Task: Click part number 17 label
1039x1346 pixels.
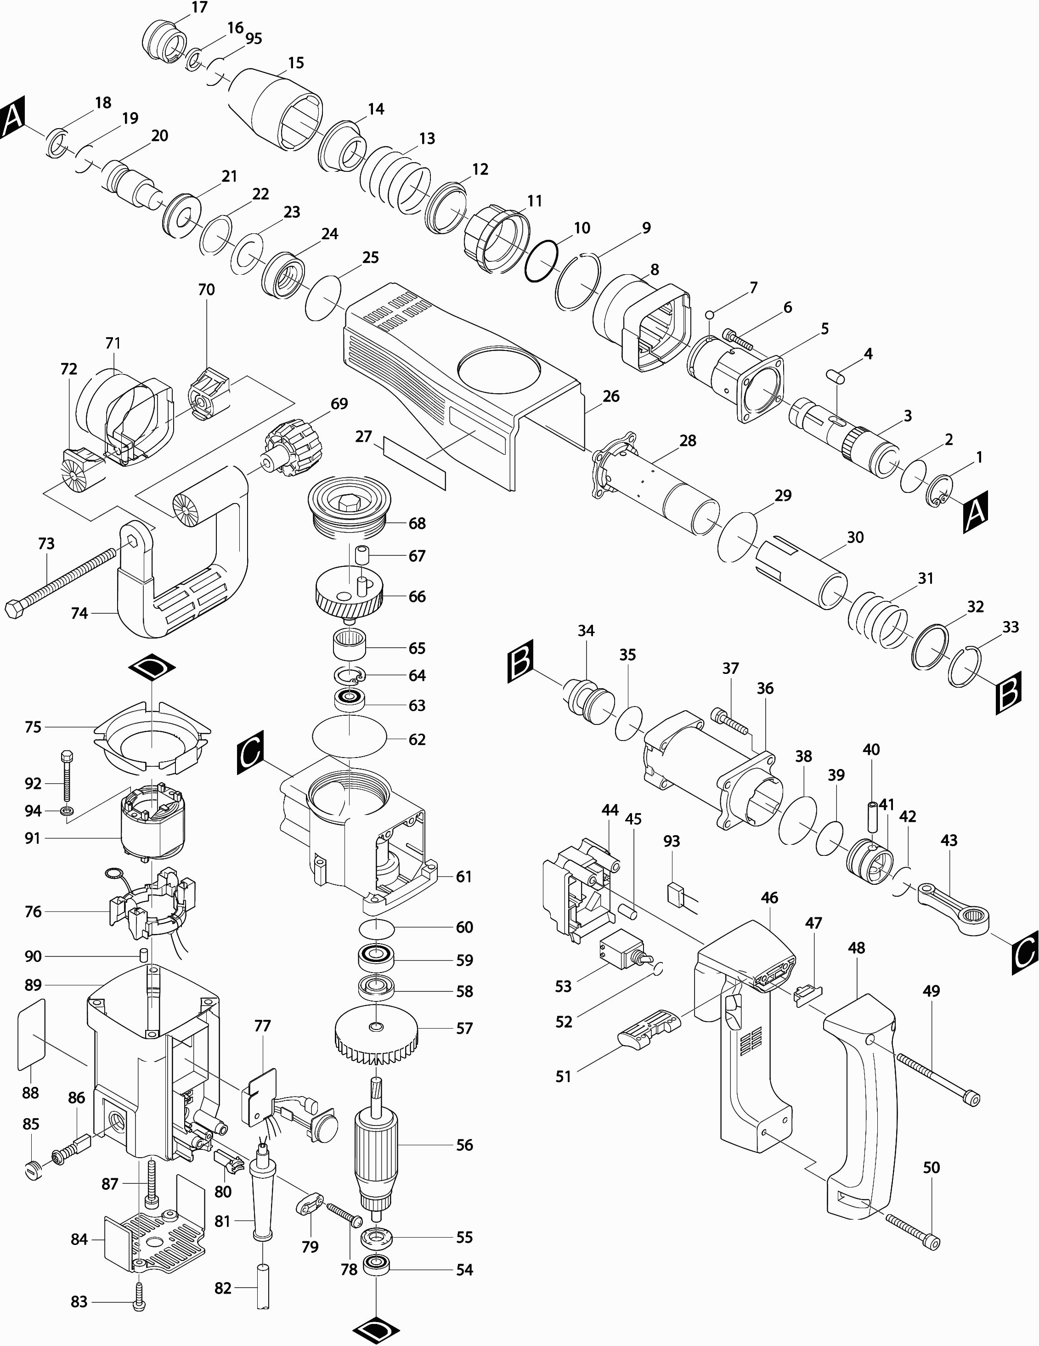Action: point(200,7)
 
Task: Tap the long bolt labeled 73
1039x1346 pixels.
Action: point(62,577)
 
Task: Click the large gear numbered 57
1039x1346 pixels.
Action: point(377,1039)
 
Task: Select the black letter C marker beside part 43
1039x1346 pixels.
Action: point(1025,953)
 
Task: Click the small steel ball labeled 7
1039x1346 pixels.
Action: point(710,315)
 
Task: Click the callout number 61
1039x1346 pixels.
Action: point(464,877)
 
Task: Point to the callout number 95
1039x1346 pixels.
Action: point(253,38)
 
